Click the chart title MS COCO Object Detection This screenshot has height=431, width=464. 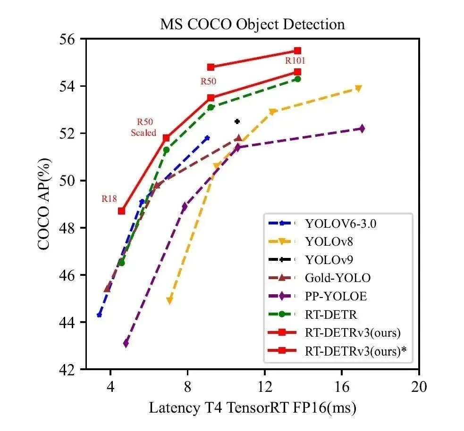(x=253, y=25)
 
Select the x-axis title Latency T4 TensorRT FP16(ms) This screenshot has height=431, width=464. (x=253, y=407)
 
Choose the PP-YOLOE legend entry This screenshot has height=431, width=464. (x=336, y=297)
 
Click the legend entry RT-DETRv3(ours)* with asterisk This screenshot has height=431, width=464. (x=355, y=351)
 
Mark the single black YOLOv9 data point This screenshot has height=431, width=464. (x=237, y=122)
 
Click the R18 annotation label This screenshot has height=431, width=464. (x=109, y=199)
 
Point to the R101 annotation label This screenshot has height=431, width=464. (x=295, y=61)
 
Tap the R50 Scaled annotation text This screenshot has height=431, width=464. (x=143, y=128)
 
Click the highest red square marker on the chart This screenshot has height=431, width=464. (x=297, y=50)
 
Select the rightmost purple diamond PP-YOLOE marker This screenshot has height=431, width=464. (x=362, y=128)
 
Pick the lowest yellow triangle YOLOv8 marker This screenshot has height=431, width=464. (x=169, y=300)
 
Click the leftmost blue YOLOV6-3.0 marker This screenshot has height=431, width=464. (x=99, y=315)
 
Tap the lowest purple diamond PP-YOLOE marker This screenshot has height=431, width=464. (x=126, y=343)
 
